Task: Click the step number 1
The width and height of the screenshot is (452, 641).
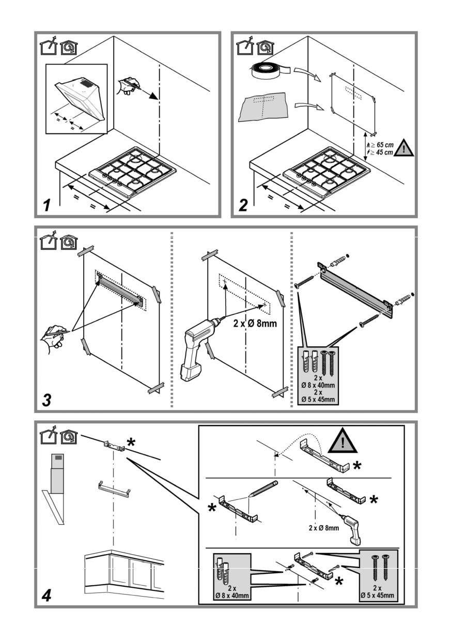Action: click(47, 205)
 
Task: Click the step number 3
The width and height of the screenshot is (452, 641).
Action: click(47, 400)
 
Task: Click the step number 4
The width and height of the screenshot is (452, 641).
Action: click(46, 596)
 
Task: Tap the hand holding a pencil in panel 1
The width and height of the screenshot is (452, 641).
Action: click(128, 85)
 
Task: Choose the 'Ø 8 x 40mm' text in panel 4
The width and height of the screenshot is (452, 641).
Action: click(232, 596)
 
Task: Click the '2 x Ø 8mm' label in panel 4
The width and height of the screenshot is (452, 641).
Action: click(324, 528)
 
